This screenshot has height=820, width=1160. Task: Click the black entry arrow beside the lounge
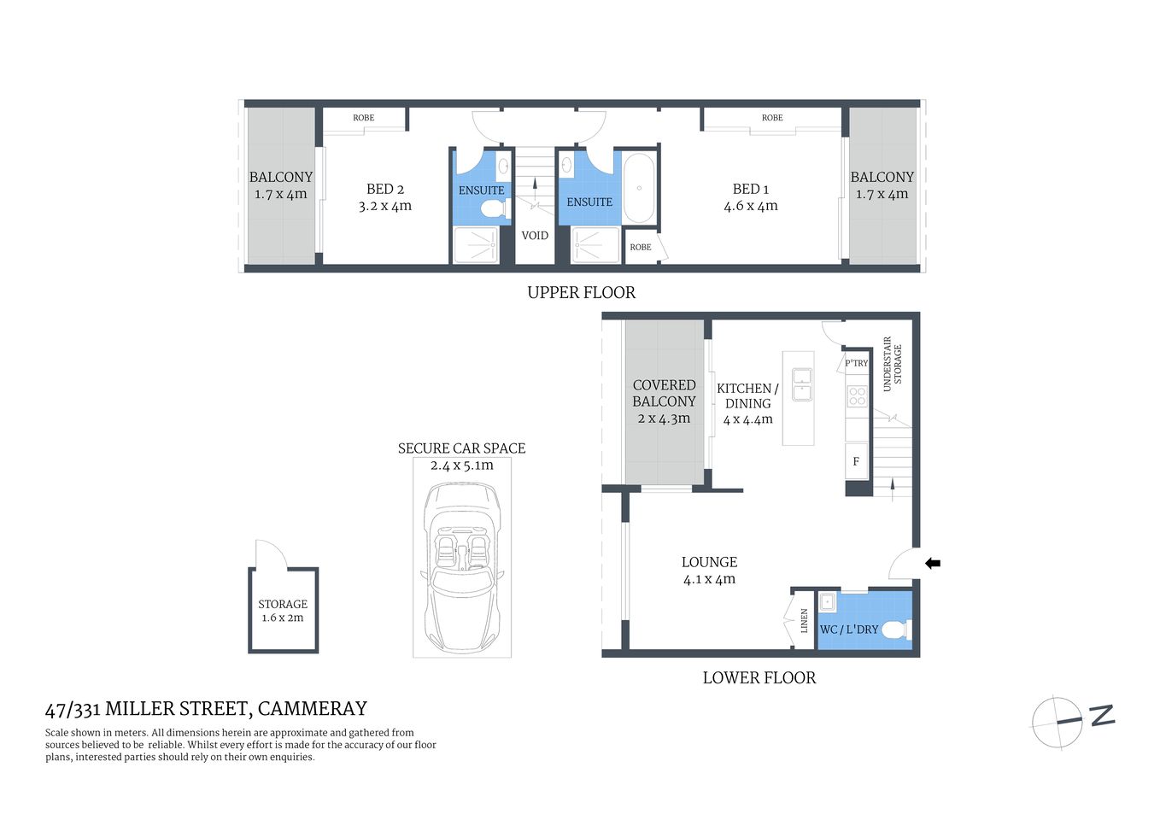pyautogui.click(x=933, y=564)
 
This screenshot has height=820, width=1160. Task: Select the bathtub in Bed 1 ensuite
pyautogui.click(x=639, y=189)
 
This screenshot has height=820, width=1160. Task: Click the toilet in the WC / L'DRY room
pyautogui.click(x=893, y=630)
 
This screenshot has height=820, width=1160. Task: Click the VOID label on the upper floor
pyautogui.click(x=535, y=236)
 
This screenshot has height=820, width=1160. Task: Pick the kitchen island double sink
pyautogui.click(x=801, y=384)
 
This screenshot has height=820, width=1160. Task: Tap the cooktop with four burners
pyautogui.click(x=857, y=396)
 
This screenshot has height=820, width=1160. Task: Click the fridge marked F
pyautogui.click(x=856, y=462)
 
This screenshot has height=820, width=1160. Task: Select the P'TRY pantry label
pyautogui.click(x=856, y=363)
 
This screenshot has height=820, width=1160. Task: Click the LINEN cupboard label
pyautogui.click(x=804, y=621)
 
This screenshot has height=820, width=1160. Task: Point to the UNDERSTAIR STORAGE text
pyautogui.click(x=892, y=365)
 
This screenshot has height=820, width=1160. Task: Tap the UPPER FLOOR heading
pyautogui.click(x=581, y=292)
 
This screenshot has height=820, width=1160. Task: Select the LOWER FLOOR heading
pyautogui.click(x=759, y=677)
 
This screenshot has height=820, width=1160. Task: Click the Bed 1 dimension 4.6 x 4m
pyautogui.click(x=750, y=206)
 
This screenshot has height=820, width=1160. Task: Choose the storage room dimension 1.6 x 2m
pyautogui.click(x=282, y=618)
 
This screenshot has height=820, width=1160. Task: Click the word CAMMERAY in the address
pyautogui.click(x=312, y=708)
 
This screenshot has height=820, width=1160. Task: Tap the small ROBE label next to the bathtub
pyautogui.click(x=640, y=247)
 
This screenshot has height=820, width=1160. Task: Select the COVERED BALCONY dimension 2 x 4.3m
pyautogui.click(x=664, y=419)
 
